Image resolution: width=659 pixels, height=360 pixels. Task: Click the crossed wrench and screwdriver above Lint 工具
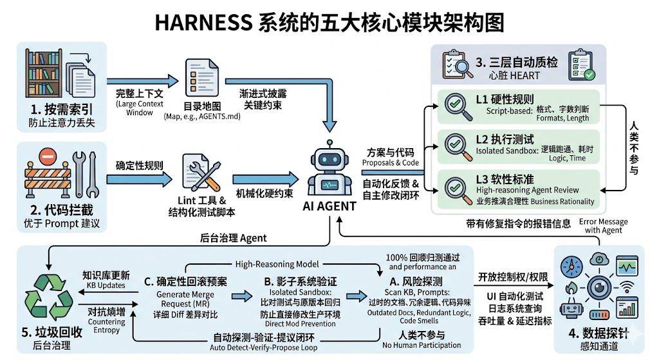coord(200,169)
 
